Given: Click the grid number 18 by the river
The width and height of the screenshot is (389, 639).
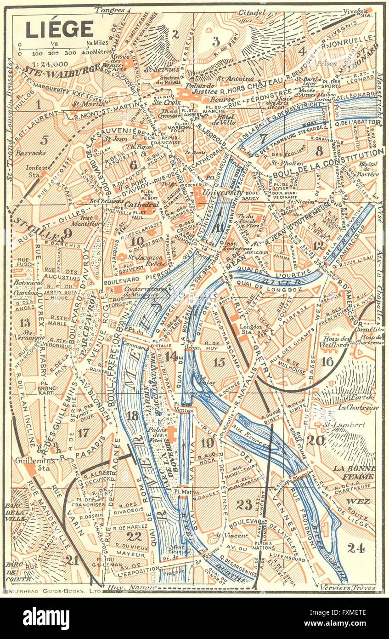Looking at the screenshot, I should (132, 416).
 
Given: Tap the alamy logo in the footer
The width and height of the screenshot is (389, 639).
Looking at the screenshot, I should (46, 618).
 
